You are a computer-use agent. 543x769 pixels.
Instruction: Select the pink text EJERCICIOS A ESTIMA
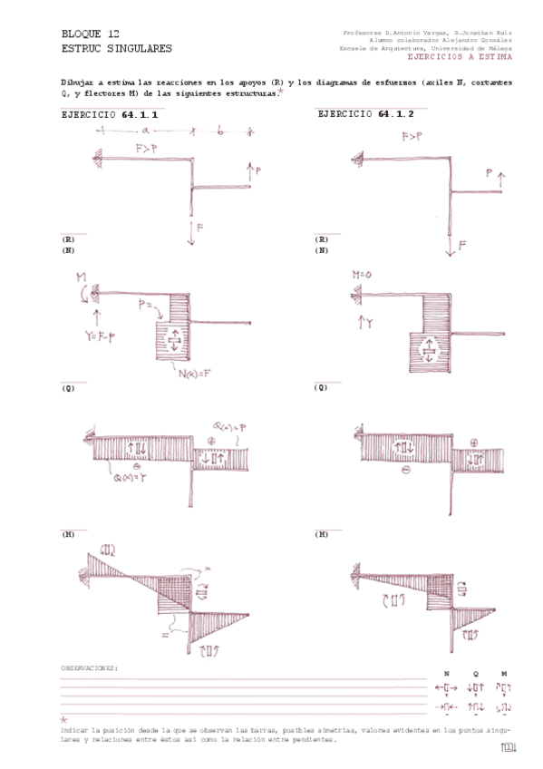coord(459,57)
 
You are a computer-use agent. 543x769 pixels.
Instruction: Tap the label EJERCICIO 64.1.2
coord(365,115)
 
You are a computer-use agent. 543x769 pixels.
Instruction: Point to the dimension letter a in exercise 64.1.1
coord(144,131)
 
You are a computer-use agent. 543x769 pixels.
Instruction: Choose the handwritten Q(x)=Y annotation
coord(128,478)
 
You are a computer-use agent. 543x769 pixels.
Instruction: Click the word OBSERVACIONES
coord(89,668)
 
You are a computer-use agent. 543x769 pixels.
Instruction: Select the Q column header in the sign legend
coord(477,674)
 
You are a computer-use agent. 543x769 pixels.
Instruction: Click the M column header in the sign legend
coord(504,674)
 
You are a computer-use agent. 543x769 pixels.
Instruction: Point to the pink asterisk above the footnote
coord(63,718)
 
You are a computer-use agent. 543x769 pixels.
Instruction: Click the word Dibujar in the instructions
coord(76,82)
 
